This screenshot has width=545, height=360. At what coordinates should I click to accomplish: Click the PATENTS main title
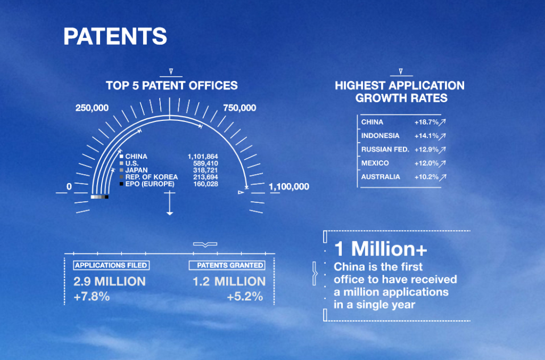coord(115,36)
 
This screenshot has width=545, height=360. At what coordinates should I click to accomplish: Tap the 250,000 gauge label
coord(92,108)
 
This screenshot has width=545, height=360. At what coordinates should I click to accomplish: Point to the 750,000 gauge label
coord(240,108)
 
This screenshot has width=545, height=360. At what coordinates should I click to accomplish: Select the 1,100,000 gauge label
coord(289,186)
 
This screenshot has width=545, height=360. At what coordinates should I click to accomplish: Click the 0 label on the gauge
coord(69,186)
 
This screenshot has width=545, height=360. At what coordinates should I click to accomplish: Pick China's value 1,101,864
coord(203,157)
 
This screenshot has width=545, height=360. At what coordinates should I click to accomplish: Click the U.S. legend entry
coord(132,163)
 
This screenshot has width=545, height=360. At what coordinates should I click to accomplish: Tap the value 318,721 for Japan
coord(205,170)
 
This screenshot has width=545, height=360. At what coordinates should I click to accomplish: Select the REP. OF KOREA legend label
coord(152,177)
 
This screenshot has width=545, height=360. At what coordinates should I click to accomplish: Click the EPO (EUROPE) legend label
coord(150,184)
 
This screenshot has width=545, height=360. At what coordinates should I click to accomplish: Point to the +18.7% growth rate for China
coord(426,122)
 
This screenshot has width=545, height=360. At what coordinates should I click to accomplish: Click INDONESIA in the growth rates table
coord(380,136)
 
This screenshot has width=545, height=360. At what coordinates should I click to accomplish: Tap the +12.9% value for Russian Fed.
coord(426,150)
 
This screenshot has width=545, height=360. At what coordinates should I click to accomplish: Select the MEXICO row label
coord(375,163)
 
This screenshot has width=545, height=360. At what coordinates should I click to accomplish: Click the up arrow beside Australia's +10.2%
coord(442,177)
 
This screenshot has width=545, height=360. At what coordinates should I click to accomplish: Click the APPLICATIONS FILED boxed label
coord(111,265)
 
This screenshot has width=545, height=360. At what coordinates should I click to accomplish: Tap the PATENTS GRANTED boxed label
coord(227,265)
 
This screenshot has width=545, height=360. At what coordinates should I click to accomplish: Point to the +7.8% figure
coord(92,296)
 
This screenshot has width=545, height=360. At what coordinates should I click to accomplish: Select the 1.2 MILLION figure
coord(229,281)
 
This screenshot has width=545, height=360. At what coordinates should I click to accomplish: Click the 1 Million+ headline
coord(381,249)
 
